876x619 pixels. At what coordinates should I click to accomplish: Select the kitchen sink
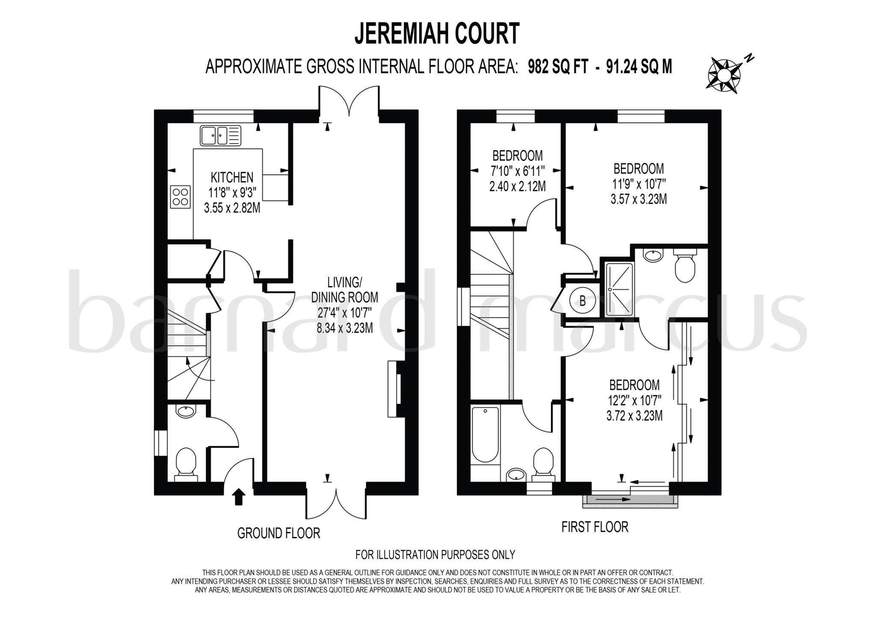click(220, 135)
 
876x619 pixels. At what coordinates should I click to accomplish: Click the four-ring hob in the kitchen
click(180, 196)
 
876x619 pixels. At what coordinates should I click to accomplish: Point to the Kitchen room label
click(232, 177)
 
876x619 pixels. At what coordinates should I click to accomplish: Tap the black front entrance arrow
click(239, 497)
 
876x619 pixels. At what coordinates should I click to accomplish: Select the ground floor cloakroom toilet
click(186, 464)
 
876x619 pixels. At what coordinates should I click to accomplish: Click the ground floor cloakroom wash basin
click(186, 412)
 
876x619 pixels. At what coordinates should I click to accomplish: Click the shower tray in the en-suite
click(619, 289)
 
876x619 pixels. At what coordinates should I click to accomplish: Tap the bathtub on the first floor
click(485, 434)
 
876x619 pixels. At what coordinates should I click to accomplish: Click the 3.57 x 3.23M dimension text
click(638, 199)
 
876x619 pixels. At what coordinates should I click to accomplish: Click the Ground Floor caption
click(278, 533)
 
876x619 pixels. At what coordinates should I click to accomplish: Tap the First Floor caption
click(595, 527)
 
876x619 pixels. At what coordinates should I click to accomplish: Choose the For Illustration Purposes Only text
click(435, 555)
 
